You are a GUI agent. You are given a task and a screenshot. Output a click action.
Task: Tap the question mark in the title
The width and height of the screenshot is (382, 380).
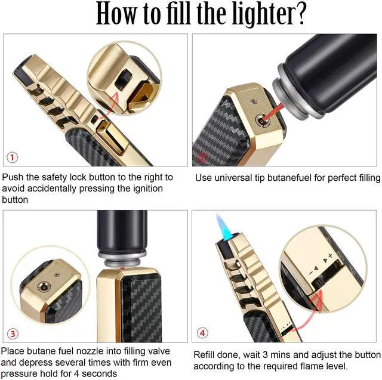click(x=298, y=14)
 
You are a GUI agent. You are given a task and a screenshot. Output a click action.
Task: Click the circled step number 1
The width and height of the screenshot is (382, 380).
click(x=13, y=157)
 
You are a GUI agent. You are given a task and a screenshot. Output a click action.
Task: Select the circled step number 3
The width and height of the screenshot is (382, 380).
click(x=13, y=334)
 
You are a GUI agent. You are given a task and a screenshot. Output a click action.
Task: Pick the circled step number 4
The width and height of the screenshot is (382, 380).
click(x=203, y=333)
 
